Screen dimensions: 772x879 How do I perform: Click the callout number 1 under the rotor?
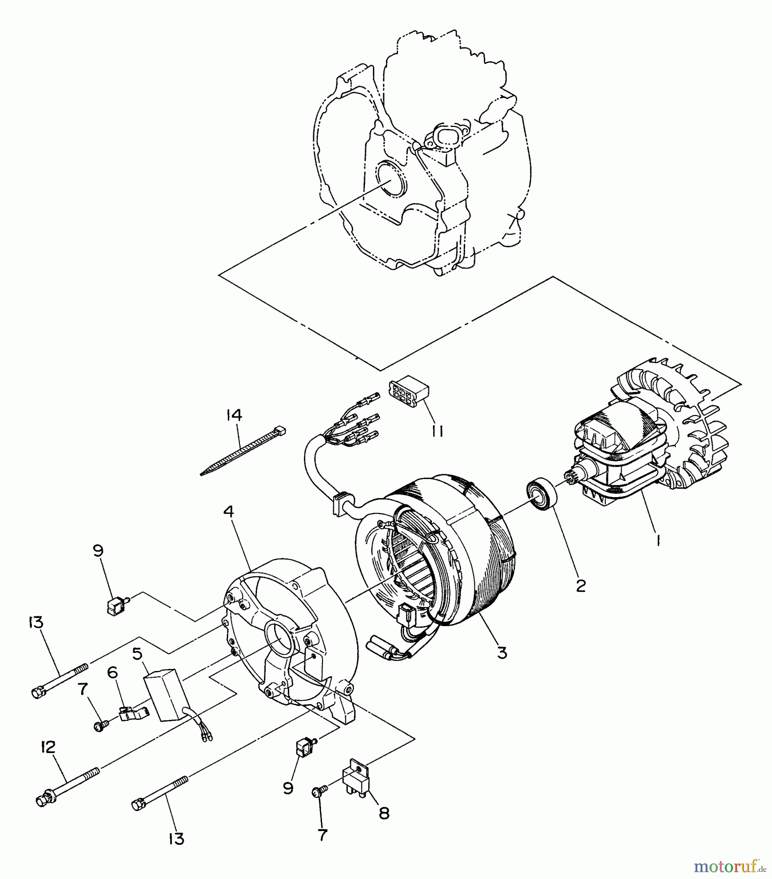coord(658,541)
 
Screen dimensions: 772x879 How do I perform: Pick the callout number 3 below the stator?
coord(502,652)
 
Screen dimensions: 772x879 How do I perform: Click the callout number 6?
coord(112,672)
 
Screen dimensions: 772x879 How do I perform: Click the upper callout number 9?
coord(98,550)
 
